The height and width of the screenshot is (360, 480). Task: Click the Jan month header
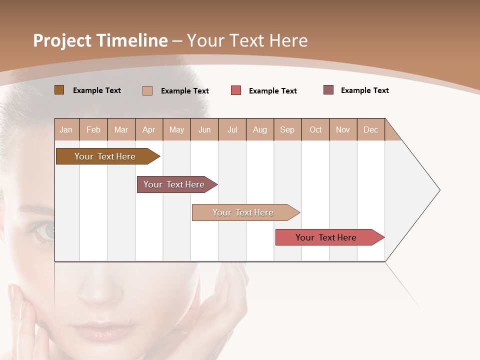[x=66, y=130]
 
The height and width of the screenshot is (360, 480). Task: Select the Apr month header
[x=149, y=130]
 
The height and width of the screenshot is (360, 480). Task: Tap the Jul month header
[x=232, y=130]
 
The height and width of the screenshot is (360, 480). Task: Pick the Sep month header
[x=287, y=130]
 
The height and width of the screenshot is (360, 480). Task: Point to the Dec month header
[x=370, y=130]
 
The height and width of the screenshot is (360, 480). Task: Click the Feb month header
[x=93, y=130]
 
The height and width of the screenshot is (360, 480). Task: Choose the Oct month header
[x=315, y=130]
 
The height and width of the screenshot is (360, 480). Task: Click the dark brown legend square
[x=59, y=90]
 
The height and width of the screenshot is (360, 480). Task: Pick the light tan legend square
[x=147, y=90]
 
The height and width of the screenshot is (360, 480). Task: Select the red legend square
[x=236, y=90]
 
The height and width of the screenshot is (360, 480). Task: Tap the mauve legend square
[x=328, y=90]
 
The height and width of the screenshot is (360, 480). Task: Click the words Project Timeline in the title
[x=100, y=40]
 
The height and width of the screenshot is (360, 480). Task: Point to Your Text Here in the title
[x=247, y=40]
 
